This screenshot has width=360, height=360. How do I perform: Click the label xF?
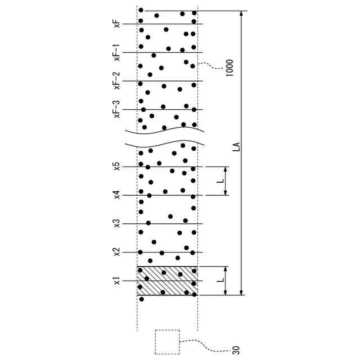coord(116,24)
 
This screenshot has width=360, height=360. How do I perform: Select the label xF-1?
coord(116,52)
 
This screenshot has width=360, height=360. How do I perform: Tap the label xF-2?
coord(116,81)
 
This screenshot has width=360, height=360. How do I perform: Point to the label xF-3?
coord(116,109)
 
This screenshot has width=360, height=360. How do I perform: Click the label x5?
coord(116,166)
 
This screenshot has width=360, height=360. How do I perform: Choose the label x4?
coord(116,195)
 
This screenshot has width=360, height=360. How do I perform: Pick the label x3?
coord(116,224)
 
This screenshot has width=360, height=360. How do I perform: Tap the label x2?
coord(116,252)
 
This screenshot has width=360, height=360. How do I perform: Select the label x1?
coord(116,281)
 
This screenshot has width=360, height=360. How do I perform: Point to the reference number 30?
coord(236,349)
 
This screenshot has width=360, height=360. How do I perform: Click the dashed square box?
coord(167,342)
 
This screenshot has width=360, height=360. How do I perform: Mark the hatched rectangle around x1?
coord(167,280)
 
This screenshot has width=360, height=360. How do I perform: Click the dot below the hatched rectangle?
coord(142,299)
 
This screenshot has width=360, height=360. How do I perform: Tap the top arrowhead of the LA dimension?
coord(242,15)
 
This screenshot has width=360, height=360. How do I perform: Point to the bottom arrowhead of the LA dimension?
coord(242,291)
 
